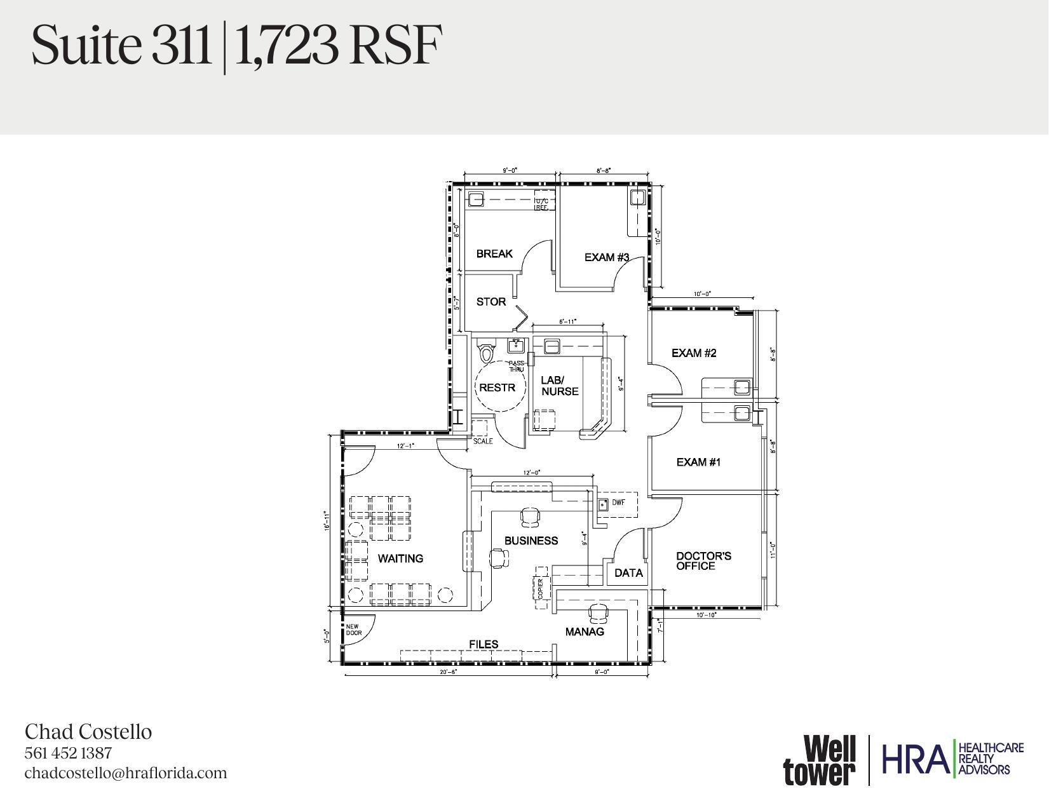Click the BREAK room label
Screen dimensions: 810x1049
pyautogui.click(x=494, y=254)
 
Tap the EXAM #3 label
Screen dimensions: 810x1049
pyautogui.click(x=607, y=257)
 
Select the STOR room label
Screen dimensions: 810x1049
pyautogui.click(x=491, y=302)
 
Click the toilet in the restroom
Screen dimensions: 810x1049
pyautogui.click(x=487, y=352)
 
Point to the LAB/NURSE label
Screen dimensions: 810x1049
pyautogui.click(x=560, y=386)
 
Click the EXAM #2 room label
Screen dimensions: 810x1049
pyautogui.click(x=694, y=353)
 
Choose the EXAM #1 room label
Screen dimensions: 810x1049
pyautogui.click(x=698, y=462)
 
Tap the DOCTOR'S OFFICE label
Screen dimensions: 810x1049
pyautogui.click(x=703, y=561)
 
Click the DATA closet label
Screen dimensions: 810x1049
pyautogui.click(x=628, y=573)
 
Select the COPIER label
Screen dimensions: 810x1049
pyautogui.click(x=541, y=589)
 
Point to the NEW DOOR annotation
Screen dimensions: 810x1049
pyautogui.click(x=353, y=630)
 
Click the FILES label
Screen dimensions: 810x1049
pyautogui.click(x=484, y=644)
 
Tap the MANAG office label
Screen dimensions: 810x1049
pyautogui.click(x=585, y=631)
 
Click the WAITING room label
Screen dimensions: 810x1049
pyautogui.click(x=400, y=558)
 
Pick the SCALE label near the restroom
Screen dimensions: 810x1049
pyautogui.click(x=483, y=442)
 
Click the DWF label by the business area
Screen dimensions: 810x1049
pyautogui.click(x=618, y=503)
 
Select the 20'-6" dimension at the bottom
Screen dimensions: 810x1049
pyautogui.click(x=448, y=672)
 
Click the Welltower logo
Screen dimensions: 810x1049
pyautogui.click(x=820, y=760)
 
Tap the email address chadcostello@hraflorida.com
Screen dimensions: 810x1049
pyautogui.click(x=126, y=773)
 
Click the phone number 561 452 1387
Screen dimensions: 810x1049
pyautogui.click(x=68, y=753)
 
